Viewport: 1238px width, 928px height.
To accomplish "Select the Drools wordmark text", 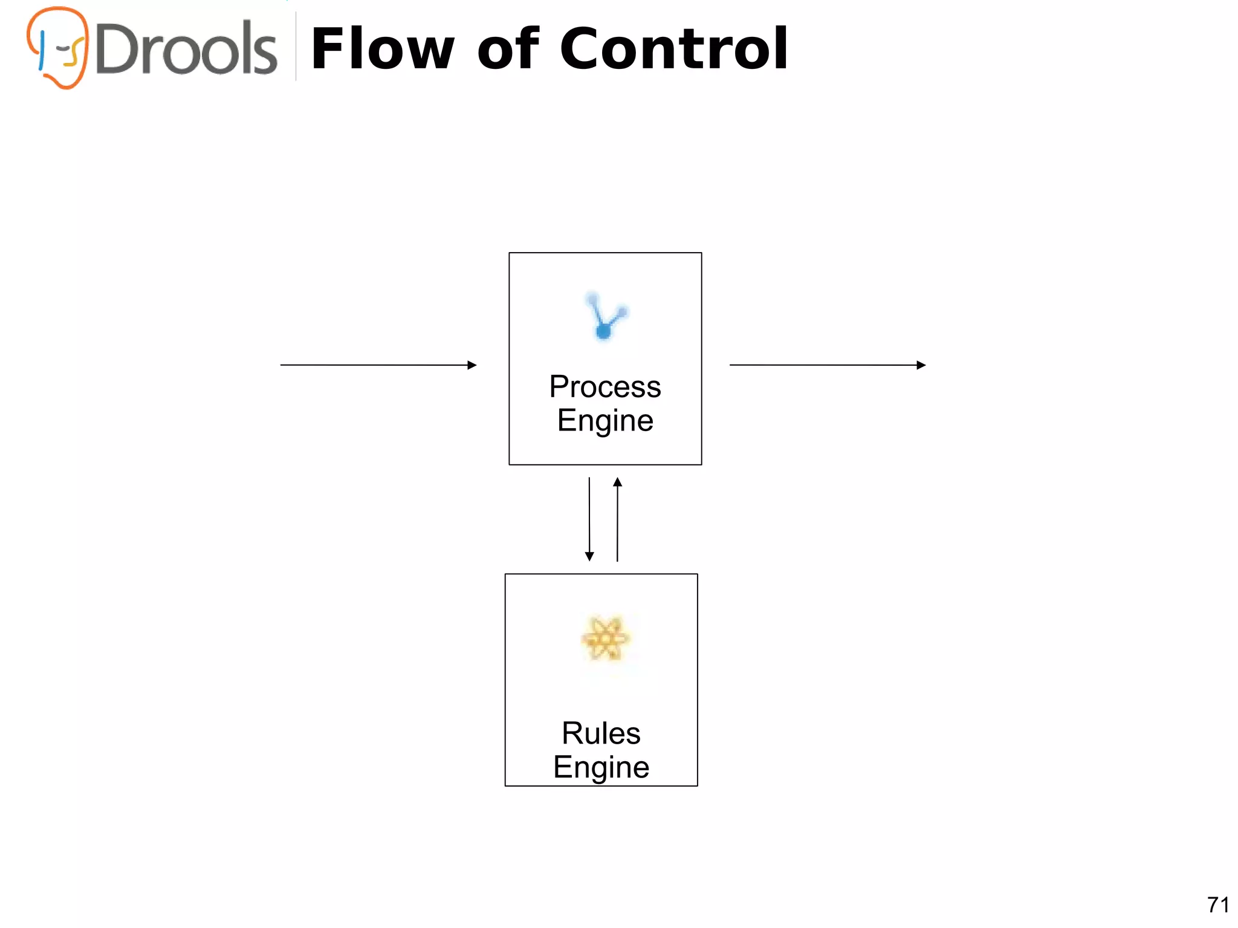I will click(x=186, y=50).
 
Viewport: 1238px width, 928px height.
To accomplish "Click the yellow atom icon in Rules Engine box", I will click(x=604, y=638).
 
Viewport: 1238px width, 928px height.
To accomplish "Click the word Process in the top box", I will click(x=605, y=387).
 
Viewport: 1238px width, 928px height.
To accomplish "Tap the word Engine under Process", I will click(x=605, y=421).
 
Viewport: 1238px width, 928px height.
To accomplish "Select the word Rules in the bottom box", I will click(x=601, y=733).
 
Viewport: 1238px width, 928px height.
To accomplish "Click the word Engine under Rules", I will click(x=601, y=767).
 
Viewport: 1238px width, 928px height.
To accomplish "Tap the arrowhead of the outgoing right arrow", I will click(x=921, y=365).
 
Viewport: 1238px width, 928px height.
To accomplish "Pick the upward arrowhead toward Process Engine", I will click(x=617, y=482).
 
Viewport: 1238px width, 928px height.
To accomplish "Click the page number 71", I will click(x=1218, y=905).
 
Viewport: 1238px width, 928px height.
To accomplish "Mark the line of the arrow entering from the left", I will click(x=375, y=365).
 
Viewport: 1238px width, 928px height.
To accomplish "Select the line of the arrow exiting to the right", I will click(x=822, y=365).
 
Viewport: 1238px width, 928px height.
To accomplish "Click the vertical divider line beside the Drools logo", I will click(x=296, y=47).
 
